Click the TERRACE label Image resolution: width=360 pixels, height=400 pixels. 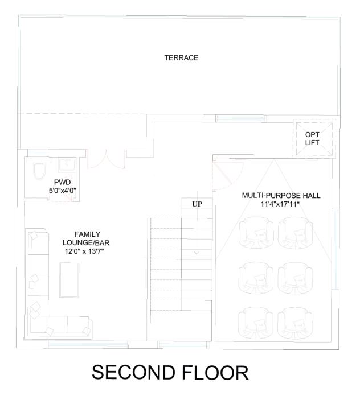(181, 57)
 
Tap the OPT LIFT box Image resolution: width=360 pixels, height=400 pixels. (314, 139)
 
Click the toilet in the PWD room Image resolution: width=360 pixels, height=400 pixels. (39, 171)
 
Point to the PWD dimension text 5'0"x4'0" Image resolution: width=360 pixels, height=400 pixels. (63, 190)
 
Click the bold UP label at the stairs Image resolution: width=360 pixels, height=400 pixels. (197, 204)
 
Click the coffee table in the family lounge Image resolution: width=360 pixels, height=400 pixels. (69, 279)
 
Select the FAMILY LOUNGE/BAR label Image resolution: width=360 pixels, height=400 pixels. (86, 238)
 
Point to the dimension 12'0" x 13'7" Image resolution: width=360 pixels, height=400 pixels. (84, 251)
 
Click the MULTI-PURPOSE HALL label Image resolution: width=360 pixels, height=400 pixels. (281, 196)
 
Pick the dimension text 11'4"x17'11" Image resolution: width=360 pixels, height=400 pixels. (280, 204)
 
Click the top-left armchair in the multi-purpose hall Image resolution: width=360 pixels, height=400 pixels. (256, 233)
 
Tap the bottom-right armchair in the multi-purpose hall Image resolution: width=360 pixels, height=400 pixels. (295, 323)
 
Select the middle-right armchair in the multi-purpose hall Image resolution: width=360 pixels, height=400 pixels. (295, 278)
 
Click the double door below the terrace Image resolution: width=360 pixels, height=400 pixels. (106, 159)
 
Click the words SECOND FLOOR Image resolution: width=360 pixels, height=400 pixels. (170, 373)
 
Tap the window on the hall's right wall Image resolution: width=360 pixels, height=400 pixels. (336, 249)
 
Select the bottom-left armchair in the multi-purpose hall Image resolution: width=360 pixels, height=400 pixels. (256, 323)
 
